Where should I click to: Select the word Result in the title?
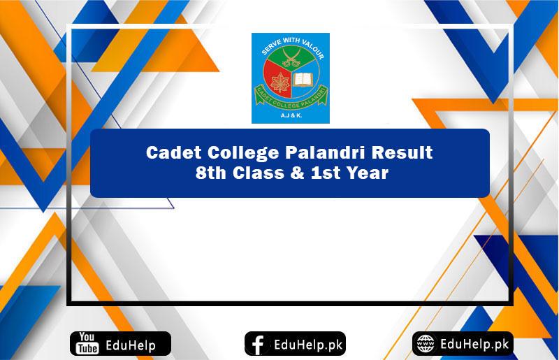click(389, 152)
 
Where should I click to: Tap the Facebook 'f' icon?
click(258, 344)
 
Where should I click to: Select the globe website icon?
click(426, 344)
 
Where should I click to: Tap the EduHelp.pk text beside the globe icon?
click(475, 343)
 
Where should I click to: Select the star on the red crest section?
click(274, 82)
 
